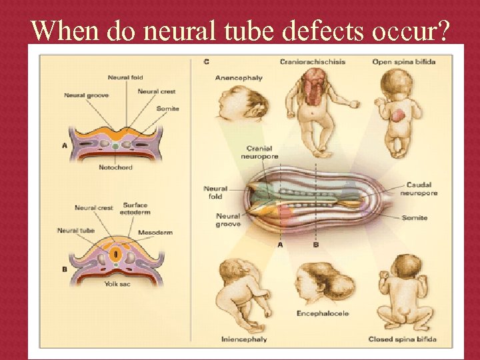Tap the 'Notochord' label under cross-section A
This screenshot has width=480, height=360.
115,167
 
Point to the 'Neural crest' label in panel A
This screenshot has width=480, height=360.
157,91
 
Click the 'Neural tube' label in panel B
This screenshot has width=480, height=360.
76,231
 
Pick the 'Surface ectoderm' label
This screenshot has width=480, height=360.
137,208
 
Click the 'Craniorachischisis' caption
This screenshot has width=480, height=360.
313,62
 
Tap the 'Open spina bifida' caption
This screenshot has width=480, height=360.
404,62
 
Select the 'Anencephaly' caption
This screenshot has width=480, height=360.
239,78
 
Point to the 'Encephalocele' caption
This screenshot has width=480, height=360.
323,313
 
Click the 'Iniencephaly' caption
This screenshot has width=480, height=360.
244,339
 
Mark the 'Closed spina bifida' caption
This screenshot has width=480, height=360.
402,339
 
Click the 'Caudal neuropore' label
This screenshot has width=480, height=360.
419,189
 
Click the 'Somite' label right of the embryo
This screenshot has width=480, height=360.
415,218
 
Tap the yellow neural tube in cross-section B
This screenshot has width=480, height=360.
115,253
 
